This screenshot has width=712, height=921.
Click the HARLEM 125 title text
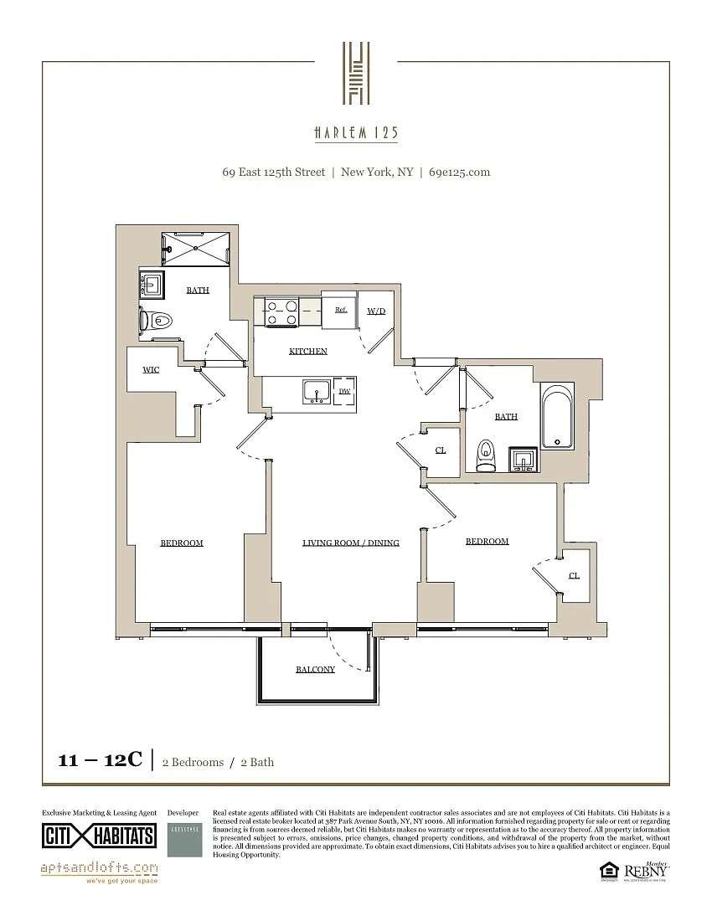[x=356, y=133]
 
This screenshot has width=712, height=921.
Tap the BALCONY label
[x=315, y=669]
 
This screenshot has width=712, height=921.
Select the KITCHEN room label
[x=308, y=351]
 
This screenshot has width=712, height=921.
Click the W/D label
[x=376, y=311]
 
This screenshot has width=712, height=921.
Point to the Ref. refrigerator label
[x=341, y=310]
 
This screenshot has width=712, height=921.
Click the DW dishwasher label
[x=344, y=391]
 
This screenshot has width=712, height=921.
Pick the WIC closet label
[x=151, y=369]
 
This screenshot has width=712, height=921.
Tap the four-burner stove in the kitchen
[x=282, y=312]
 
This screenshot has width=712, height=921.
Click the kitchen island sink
[x=317, y=391]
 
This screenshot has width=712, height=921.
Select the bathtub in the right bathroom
[x=557, y=416]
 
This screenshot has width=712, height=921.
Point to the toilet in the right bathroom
[x=485, y=456]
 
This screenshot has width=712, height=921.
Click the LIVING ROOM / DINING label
[x=351, y=543]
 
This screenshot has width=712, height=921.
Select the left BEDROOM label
[x=182, y=543]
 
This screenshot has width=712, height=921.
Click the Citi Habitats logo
[x=99, y=836]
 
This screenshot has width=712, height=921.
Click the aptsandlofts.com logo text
[x=99, y=867]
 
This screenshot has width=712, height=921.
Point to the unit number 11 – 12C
[x=100, y=760]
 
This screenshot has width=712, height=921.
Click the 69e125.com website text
[x=459, y=172]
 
